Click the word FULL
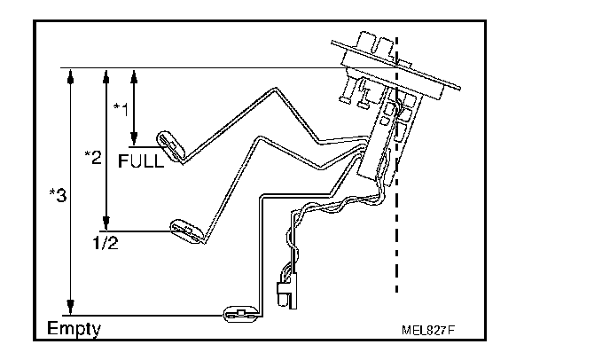(141, 162)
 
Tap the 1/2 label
(104, 242)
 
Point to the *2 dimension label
(92, 157)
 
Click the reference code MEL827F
(428, 330)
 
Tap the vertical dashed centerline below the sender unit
(396, 248)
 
